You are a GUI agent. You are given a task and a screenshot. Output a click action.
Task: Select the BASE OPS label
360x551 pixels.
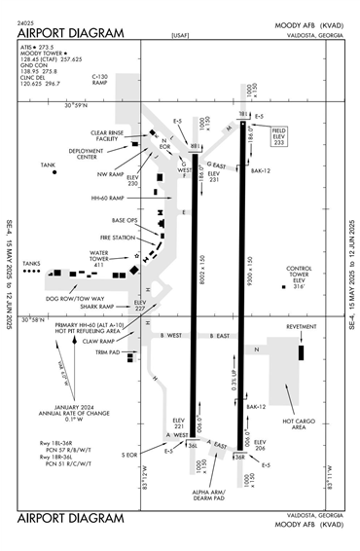point(125,221)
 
